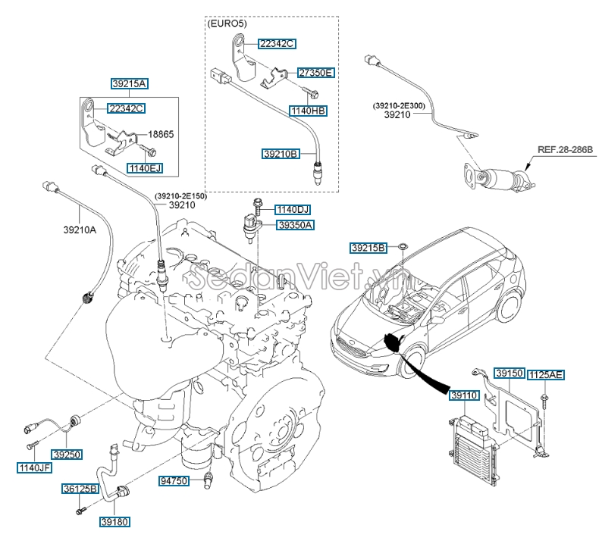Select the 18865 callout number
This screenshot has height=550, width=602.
[x=160, y=134]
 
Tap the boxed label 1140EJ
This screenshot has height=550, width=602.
[x=145, y=167]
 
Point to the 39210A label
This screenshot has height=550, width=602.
[x=80, y=230]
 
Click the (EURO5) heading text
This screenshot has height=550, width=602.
[x=227, y=24]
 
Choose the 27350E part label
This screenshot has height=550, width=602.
[x=315, y=73]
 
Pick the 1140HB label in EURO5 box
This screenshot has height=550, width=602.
[x=308, y=110]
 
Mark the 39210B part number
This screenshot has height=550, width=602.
[x=281, y=153]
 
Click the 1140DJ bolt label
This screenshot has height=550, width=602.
[x=293, y=209]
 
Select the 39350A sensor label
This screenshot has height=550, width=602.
[x=295, y=225]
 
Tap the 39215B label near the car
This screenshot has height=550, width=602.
[x=368, y=248]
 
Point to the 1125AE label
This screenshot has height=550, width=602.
[x=545, y=374]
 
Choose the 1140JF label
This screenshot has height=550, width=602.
[x=34, y=467]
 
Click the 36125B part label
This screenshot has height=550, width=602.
[x=80, y=489]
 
